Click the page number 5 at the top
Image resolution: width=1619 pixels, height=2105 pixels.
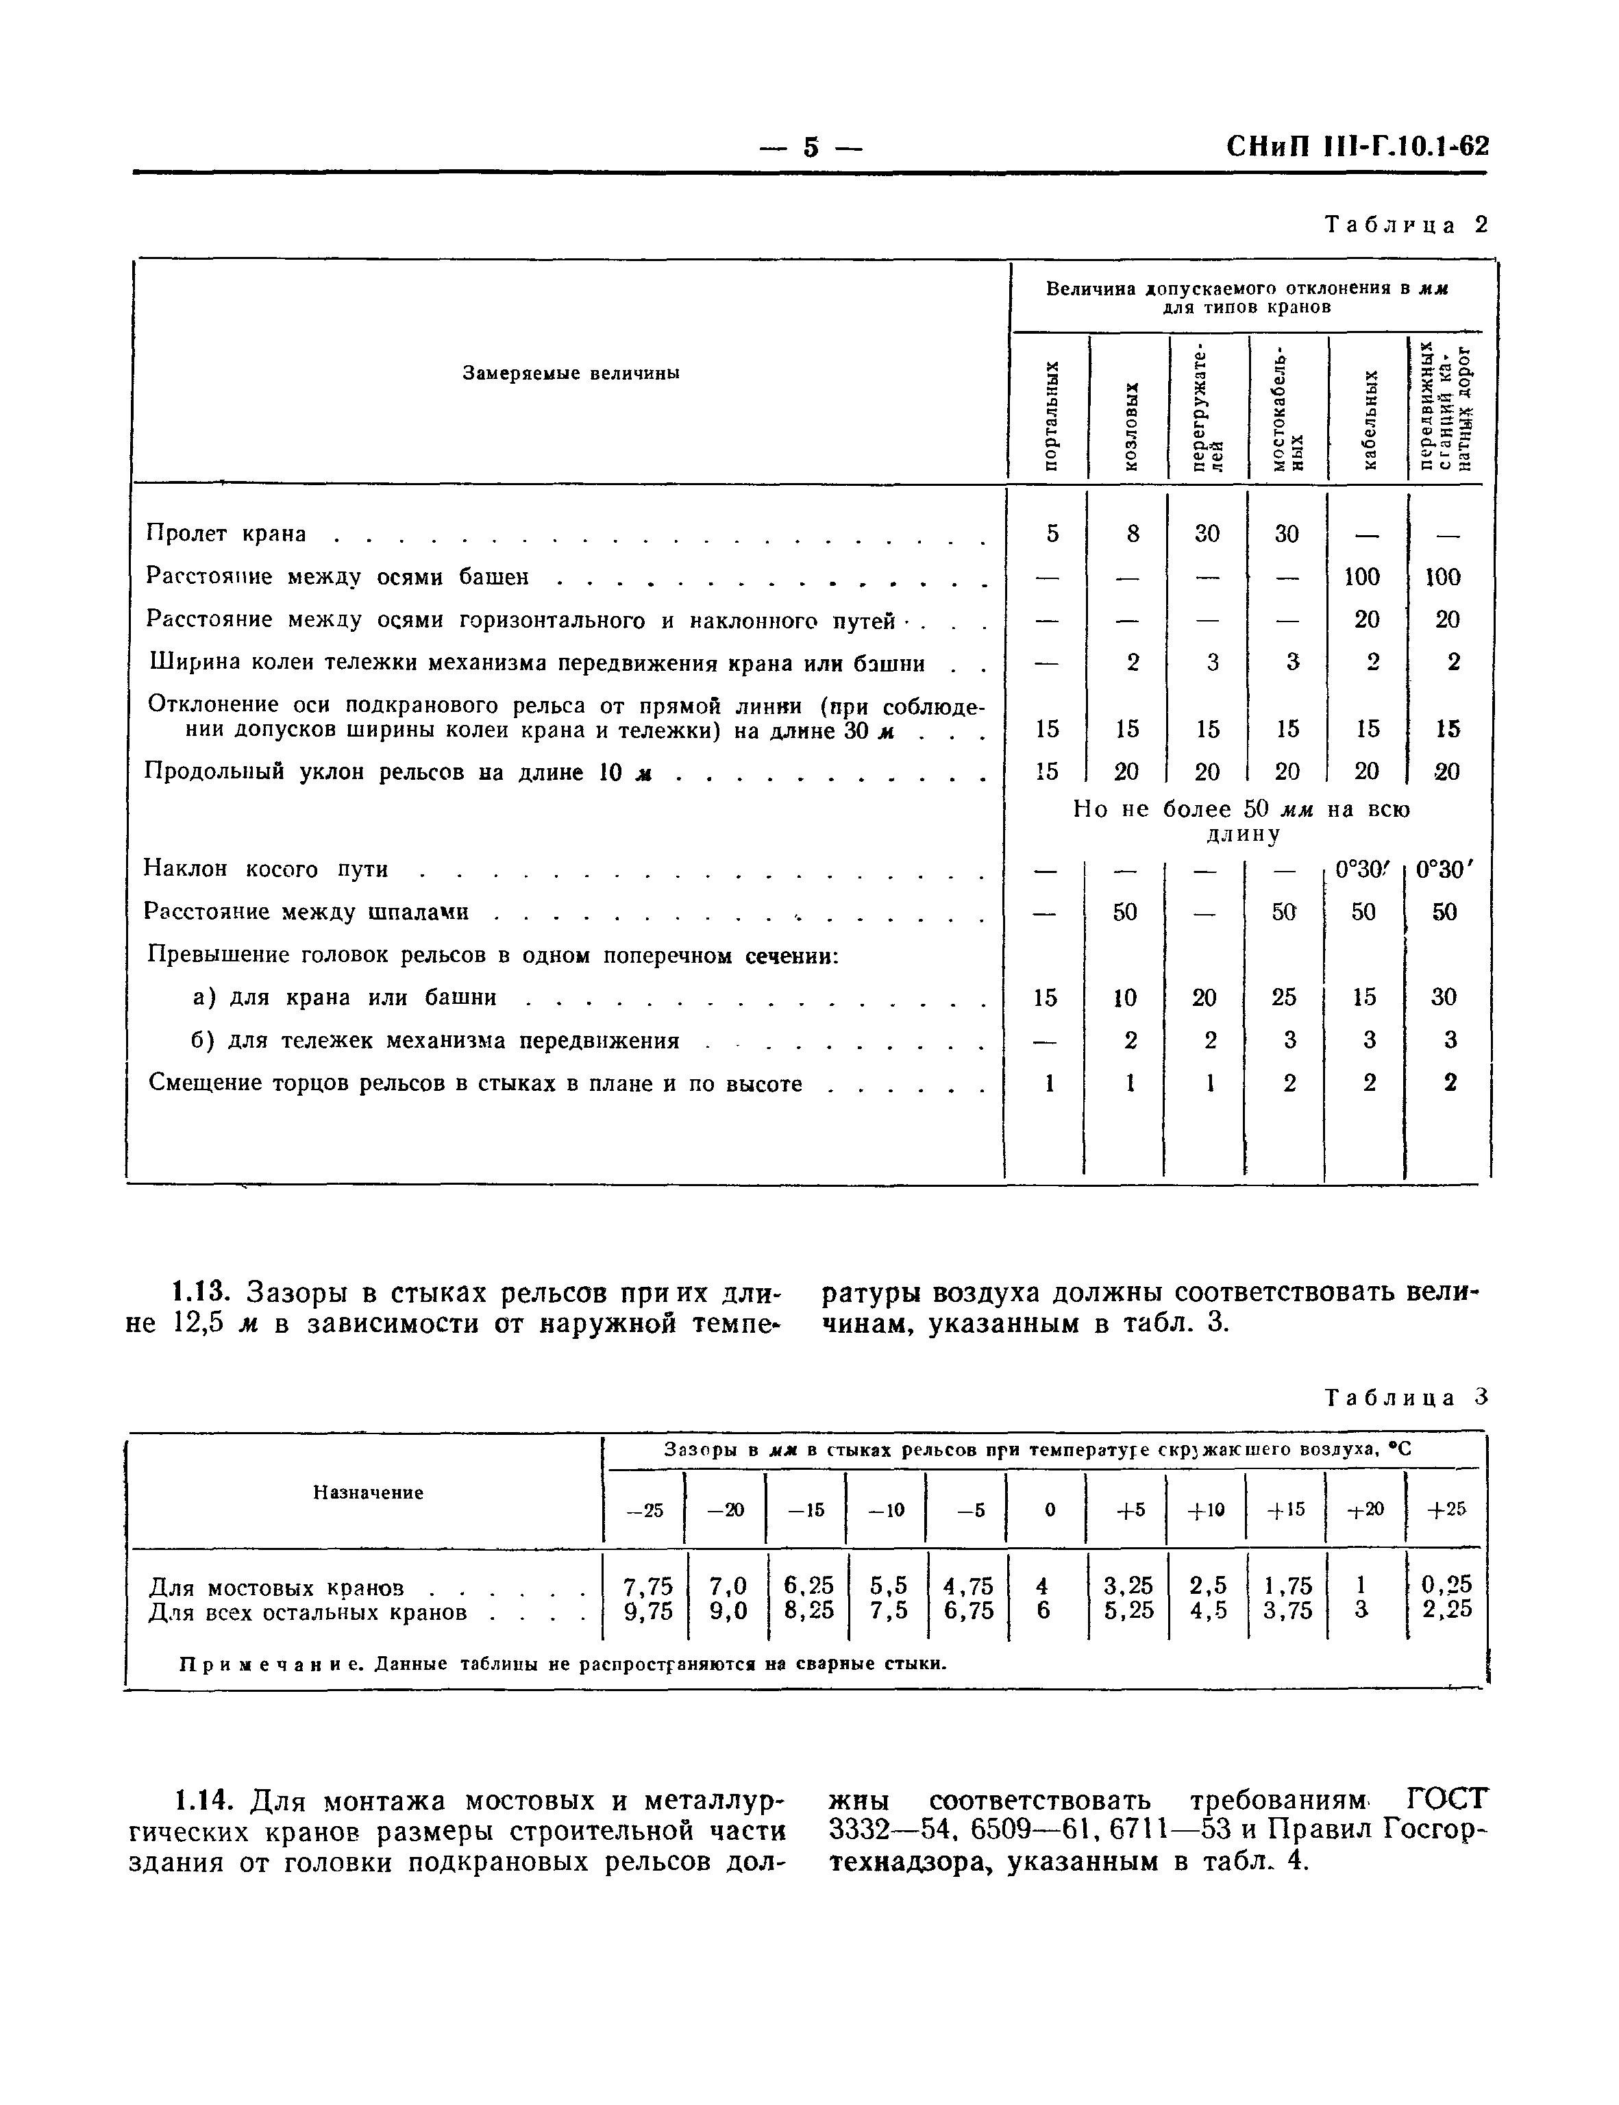click(811, 147)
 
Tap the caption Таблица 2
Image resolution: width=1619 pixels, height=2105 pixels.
click(1406, 225)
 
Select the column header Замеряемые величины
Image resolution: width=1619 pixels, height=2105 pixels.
click(571, 373)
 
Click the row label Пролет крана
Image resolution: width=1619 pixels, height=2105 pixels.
click(225, 533)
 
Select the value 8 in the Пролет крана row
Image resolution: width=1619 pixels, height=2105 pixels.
click(1133, 533)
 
